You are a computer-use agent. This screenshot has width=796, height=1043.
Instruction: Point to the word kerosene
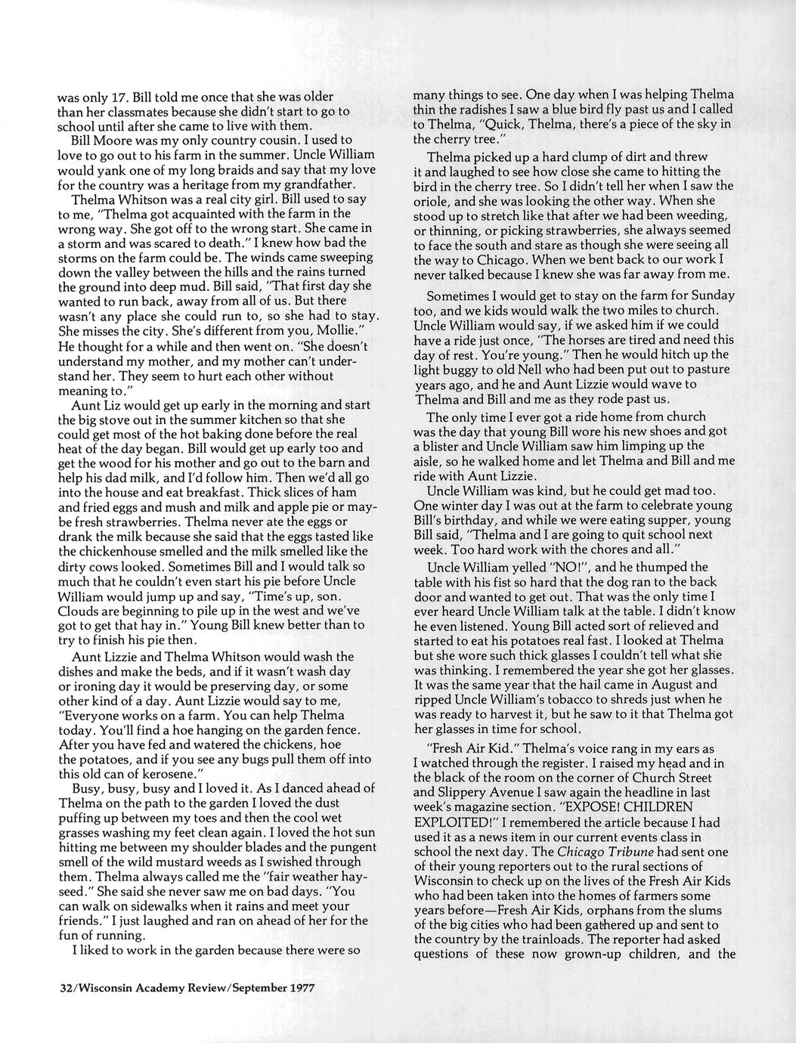click(x=161, y=773)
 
